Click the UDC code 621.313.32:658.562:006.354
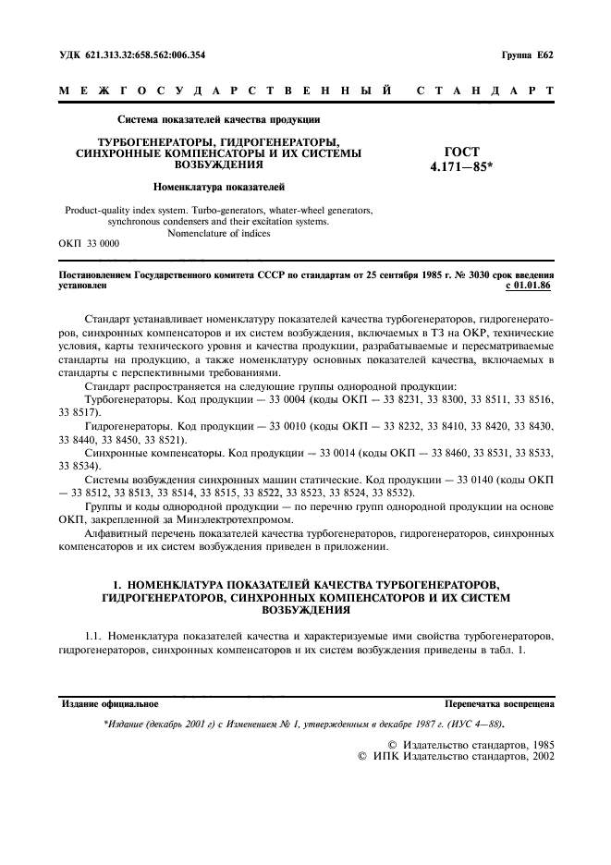[143, 55]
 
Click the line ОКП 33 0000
[89, 244]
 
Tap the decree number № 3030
[442, 275]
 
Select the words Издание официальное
[110, 703]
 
